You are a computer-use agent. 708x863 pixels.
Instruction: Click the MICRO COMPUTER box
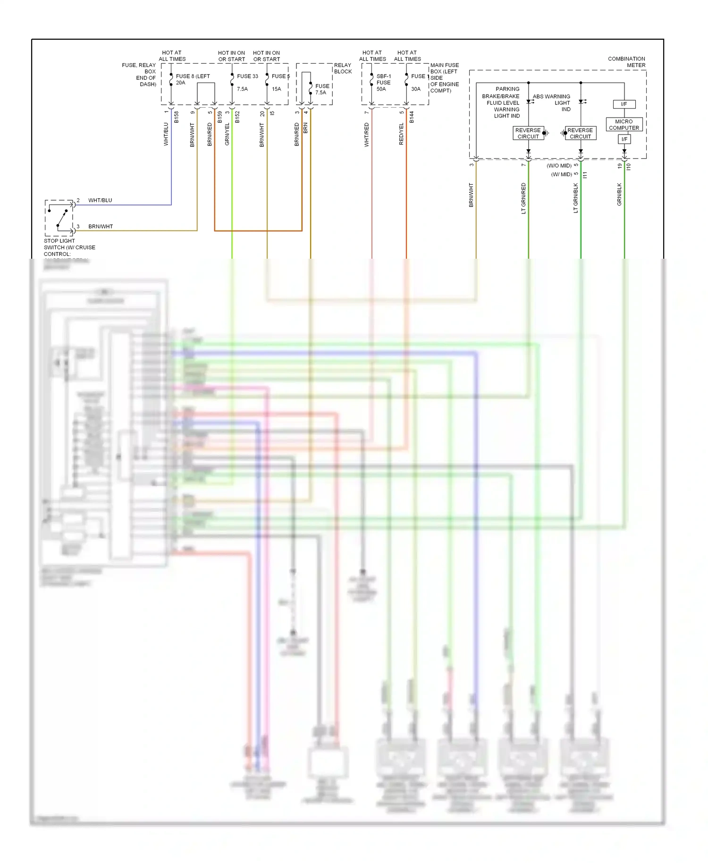[624, 125]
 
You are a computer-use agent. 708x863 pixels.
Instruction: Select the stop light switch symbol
[59, 218]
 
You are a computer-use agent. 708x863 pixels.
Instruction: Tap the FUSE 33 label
[247, 76]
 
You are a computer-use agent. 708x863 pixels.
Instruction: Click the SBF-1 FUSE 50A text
[383, 82]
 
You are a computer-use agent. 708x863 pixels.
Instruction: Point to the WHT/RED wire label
[366, 135]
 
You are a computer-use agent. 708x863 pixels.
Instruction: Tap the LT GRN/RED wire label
[523, 198]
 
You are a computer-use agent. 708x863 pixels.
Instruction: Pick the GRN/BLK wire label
[619, 194]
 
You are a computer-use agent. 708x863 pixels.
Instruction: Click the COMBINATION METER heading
[626, 62]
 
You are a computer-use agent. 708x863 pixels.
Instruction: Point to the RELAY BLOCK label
[343, 68]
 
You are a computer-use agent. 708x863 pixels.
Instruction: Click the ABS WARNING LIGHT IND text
[552, 102]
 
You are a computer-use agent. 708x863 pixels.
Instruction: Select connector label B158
[177, 117]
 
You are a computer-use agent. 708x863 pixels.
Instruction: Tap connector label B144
[412, 117]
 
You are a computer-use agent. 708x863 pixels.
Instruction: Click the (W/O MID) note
[559, 166]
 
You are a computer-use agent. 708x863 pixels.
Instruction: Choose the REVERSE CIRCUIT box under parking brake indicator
[528, 133]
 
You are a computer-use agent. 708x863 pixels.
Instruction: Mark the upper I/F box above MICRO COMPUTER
[624, 104]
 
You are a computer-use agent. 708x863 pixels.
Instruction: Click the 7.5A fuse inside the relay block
[321, 89]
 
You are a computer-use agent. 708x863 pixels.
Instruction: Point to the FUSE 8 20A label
[192, 79]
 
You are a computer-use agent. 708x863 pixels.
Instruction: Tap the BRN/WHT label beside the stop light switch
[101, 227]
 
